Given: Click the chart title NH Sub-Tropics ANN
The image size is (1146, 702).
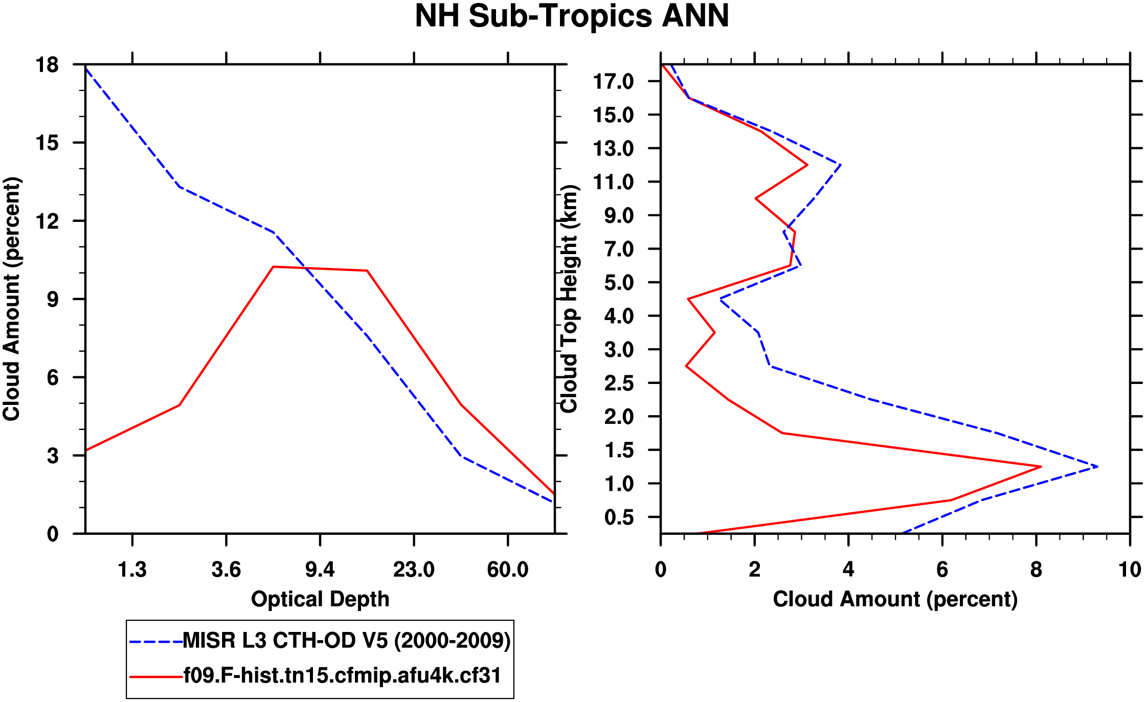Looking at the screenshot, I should tap(572, 16).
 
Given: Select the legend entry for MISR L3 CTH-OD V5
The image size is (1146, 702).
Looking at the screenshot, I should tap(346, 640).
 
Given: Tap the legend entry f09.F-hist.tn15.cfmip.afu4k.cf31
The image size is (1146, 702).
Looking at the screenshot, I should tap(342, 675).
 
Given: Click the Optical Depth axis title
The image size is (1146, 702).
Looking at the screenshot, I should tap(320, 599).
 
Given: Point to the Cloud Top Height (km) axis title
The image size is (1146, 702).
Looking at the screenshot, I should tap(569, 299).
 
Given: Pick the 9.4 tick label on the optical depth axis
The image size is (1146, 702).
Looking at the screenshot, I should tap(320, 569).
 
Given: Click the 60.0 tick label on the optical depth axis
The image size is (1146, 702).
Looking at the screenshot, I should tap(507, 569).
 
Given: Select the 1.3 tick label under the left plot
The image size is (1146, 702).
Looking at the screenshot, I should tap(132, 569).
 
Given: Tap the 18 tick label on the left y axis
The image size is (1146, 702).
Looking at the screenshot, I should tap(47, 65).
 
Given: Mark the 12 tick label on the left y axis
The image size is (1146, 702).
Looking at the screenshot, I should tap(47, 221).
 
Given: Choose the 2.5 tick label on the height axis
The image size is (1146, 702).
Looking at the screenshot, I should tap(619, 383).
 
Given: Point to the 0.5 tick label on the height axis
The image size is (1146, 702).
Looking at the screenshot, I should tap(619, 517).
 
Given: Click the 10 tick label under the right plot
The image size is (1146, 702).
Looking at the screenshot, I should tap(1129, 569).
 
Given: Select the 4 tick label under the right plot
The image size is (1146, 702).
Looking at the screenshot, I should tap(848, 569).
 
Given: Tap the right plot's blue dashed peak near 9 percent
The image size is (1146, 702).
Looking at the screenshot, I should tap(1097, 466).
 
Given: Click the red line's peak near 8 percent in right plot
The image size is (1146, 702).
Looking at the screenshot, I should tap(1041, 466).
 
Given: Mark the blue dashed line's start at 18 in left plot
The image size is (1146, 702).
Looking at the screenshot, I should tap(86, 67).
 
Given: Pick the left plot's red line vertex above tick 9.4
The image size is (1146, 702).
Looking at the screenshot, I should tap(274, 267).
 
